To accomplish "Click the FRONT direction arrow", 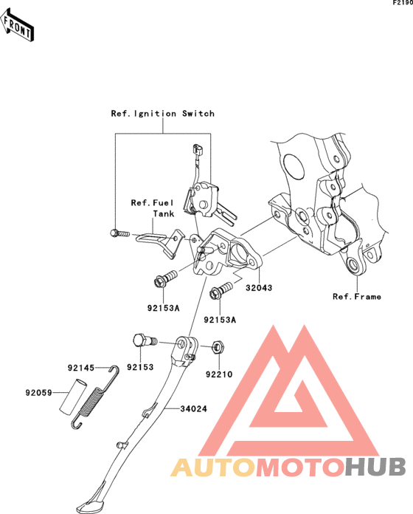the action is pos(17,25).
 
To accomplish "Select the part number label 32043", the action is pos(259,288).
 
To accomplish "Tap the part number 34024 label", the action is pos(194,409).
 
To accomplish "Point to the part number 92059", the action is pos(38,392).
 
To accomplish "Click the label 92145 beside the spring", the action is pos(81,368).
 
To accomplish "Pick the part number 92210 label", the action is pos(219,374).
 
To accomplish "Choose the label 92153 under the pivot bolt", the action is pos(140,367).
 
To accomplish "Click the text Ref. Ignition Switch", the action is pos(163,114).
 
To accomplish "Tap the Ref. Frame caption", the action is pos(357,296).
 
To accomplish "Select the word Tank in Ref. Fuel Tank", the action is pos(164,213).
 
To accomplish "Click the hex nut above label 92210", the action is pos(218,347).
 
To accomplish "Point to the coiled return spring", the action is pos(94,398).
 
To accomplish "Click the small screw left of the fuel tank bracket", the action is pos(119,233).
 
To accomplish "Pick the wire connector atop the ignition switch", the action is pos(198,149).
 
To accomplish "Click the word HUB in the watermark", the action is pos(375,467).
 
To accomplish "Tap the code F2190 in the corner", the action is pos(403,3).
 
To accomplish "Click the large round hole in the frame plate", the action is pos(294,167).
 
